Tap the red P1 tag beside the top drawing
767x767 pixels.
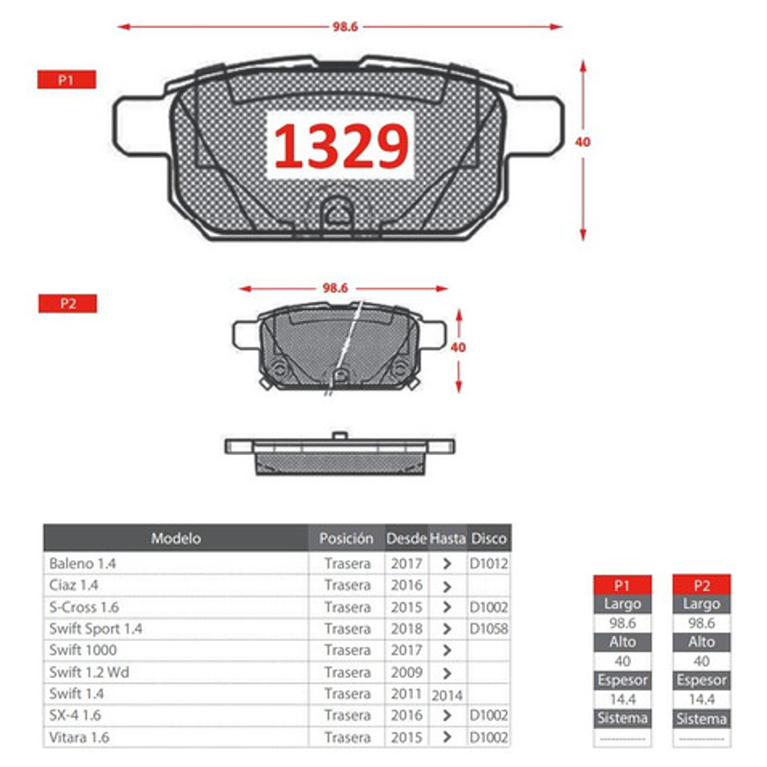(66, 80)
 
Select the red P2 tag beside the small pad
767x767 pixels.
(67, 303)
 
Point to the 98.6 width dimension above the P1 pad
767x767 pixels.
(344, 27)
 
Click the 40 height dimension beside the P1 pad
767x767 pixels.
(582, 142)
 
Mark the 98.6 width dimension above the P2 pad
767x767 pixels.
(334, 288)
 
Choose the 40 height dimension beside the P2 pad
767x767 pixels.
(458, 347)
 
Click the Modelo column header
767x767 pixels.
(176, 538)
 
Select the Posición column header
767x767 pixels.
(346, 538)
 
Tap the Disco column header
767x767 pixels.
(488, 538)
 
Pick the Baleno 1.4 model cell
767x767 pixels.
(83, 563)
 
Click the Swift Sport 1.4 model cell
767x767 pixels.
(96, 628)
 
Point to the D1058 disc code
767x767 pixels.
(488, 628)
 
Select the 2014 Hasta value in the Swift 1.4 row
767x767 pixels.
(447, 694)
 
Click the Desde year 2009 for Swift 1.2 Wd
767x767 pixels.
(406, 672)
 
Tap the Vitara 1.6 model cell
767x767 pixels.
(79, 737)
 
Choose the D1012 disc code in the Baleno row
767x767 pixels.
(488, 563)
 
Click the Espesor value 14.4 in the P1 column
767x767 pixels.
(622, 700)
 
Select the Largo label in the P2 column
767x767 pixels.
(701, 604)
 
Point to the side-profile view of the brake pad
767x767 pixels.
(340, 453)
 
